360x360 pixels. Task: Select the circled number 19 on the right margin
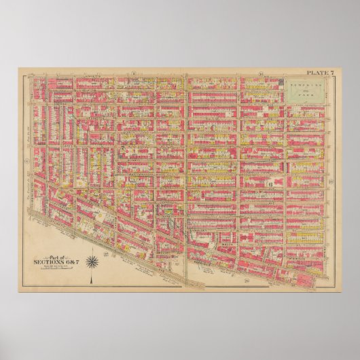click(329, 183)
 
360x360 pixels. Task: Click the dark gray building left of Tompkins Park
click(281, 83)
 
